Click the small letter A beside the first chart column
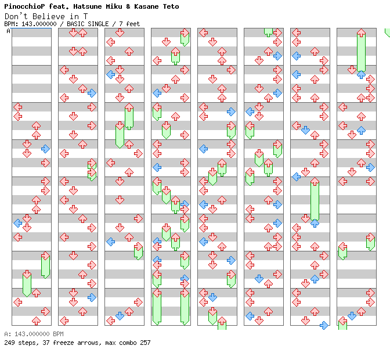[x=9, y=31]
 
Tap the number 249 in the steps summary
[x=9, y=343]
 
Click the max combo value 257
[x=145, y=343]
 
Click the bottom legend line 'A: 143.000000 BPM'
[x=34, y=334]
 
